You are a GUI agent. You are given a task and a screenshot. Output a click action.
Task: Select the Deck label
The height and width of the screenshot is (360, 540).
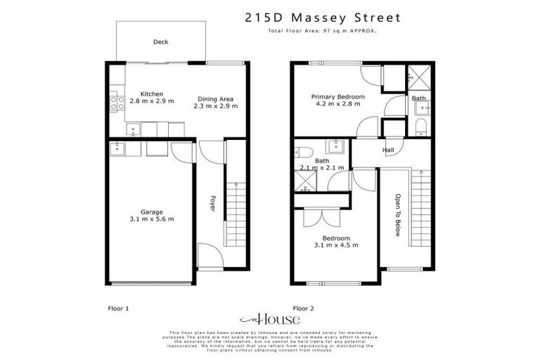point(160,42)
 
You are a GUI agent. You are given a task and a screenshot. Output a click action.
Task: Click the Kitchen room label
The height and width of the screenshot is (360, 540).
point(151,94)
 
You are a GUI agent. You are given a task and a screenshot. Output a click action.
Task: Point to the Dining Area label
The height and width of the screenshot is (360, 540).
point(215,98)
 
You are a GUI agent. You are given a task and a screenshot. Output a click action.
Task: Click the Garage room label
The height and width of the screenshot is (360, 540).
point(151,212)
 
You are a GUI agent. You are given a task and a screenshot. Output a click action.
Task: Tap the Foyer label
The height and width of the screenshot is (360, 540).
point(212,204)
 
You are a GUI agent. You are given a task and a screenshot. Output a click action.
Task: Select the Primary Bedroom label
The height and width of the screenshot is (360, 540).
point(338,96)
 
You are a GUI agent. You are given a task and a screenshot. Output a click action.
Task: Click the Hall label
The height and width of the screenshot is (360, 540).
point(387,150)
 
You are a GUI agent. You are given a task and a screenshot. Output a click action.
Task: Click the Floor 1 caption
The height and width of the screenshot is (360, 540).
point(118,308)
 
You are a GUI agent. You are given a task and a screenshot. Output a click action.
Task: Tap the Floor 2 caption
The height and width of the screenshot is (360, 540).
point(303,308)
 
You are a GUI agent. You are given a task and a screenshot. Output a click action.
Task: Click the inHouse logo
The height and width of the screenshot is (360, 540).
point(269,318)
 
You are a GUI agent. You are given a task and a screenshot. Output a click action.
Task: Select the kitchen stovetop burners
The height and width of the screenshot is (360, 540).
point(117,103)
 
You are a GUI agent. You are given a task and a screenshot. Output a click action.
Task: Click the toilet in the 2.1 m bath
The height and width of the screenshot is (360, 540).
point(304,151)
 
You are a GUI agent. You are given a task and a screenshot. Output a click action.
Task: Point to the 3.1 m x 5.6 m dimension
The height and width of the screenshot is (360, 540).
point(151,219)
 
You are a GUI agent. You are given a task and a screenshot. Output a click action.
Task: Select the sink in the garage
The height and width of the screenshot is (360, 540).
point(117,148)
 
